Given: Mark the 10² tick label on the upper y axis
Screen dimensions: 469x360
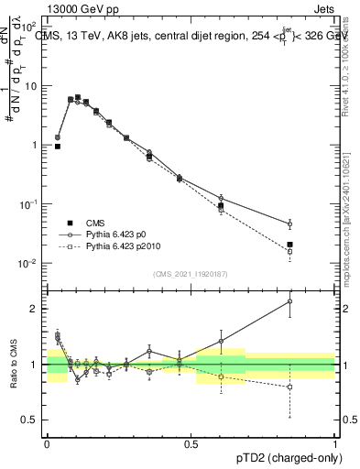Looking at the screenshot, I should pos(29,27).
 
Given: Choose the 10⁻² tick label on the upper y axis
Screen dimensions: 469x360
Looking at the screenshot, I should pos(29,264).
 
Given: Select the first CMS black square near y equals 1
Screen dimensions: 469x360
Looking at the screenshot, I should pos(58,146).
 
